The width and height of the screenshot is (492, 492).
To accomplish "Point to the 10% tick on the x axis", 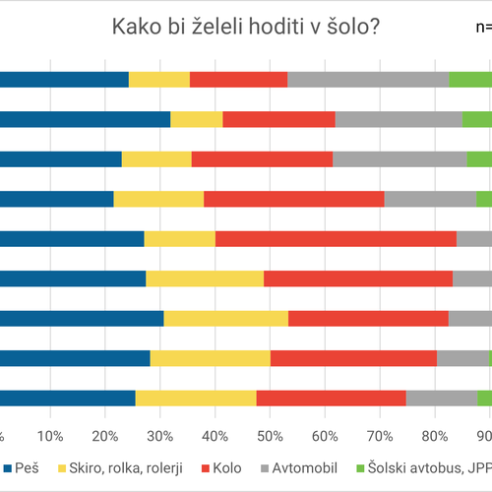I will (x=50, y=434).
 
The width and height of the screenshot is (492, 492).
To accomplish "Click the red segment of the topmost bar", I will (x=238, y=80).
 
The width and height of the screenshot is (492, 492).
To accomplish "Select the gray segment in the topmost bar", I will (x=368, y=80).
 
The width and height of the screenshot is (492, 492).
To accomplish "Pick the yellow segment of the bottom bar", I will (x=196, y=398).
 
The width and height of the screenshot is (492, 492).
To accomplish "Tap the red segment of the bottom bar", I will (x=331, y=398).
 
